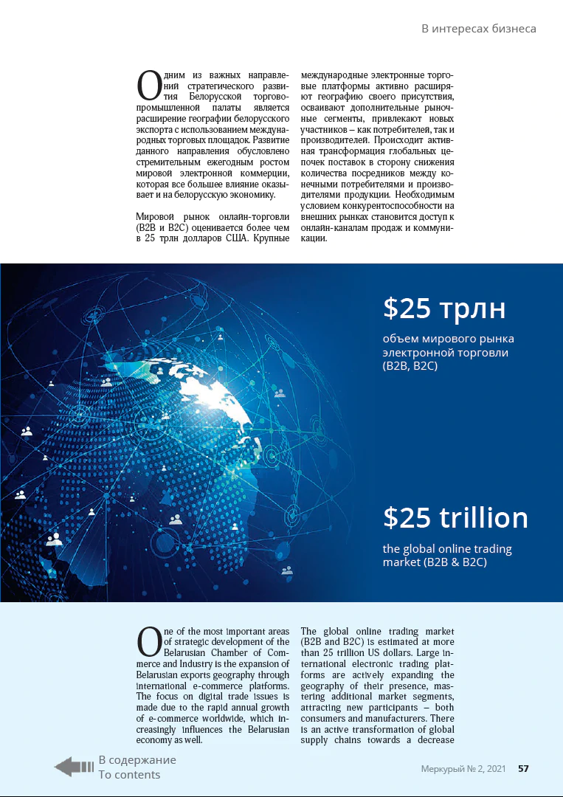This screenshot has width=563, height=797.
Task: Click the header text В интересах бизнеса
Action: click(478, 29)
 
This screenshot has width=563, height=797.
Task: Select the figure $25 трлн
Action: click(444, 308)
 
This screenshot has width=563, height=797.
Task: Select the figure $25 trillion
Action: click(455, 518)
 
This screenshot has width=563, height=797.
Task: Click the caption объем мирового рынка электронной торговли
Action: click(448, 352)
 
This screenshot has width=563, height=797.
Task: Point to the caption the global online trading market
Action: click(447, 556)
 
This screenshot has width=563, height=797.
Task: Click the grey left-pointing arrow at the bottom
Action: click(74, 767)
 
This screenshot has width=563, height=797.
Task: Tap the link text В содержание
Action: click(137, 760)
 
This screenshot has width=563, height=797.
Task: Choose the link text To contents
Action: click(129, 775)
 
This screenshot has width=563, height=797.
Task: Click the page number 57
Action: click(523, 769)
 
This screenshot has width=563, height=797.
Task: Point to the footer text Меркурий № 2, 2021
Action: click(463, 769)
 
